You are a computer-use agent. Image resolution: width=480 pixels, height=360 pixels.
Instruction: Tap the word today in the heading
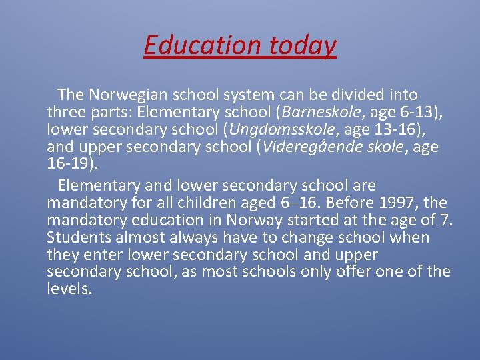[x=303, y=45]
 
